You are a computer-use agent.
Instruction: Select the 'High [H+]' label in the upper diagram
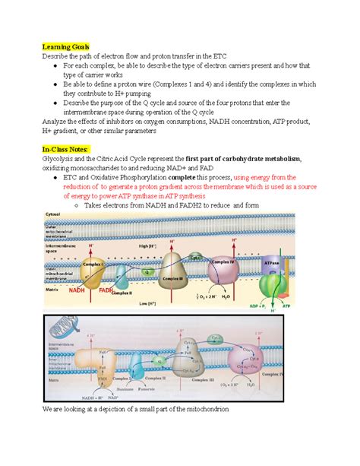pyautogui.click(x=144, y=247)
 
